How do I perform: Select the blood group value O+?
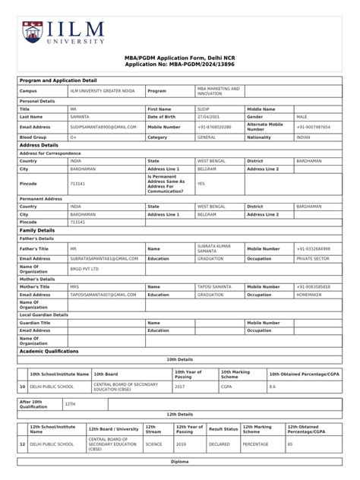[x=73, y=137]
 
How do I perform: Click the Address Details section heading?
[x=39, y=144]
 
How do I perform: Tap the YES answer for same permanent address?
[x=201, y=183]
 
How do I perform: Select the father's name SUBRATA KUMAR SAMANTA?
[x=213, y=248]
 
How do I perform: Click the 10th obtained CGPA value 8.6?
[x=273, y=386]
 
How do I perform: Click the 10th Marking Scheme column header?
[x=235, y=374]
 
